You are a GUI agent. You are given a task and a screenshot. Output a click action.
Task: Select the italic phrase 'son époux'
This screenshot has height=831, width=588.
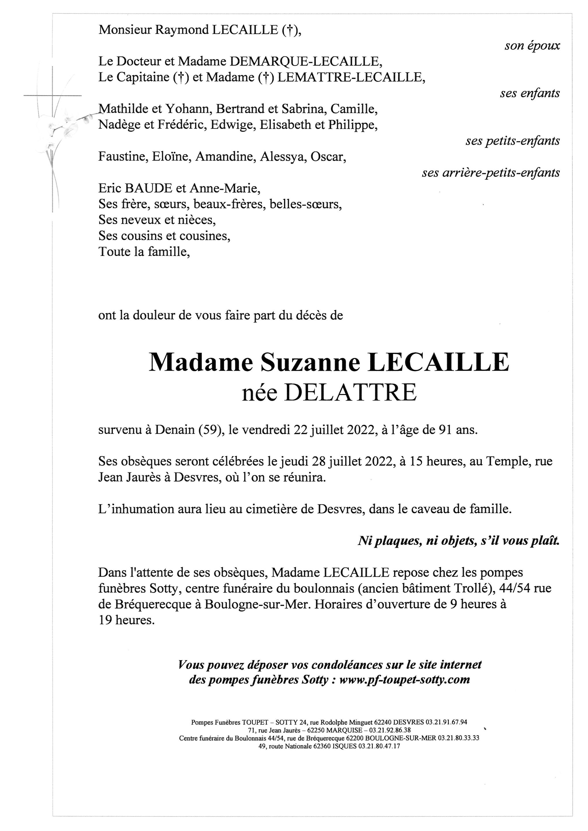point(532,46)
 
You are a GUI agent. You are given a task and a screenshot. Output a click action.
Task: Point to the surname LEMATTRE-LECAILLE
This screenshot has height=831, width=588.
point(350,77)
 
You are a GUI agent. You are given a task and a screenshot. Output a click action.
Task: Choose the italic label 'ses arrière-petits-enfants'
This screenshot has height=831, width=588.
point(491,173)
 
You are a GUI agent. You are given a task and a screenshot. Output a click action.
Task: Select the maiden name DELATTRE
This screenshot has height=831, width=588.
point(350,393)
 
